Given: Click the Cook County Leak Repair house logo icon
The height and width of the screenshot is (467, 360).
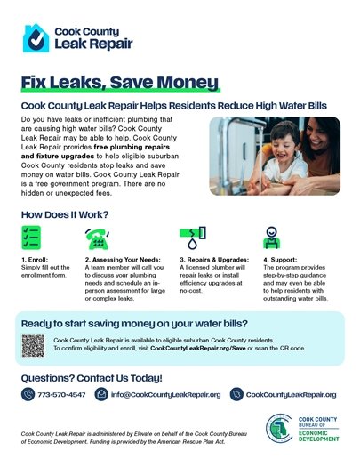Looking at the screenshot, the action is click(36, 38).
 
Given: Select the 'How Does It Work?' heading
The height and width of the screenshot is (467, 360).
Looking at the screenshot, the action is click(64, 215).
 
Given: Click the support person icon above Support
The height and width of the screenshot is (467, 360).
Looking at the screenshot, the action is click(271, 238).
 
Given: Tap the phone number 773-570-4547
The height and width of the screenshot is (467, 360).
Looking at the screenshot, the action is click(61, 394).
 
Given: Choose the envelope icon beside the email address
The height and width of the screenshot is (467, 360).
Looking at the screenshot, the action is click(101, 394).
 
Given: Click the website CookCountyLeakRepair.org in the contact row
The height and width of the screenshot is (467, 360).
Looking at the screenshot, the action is click(291, 394).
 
